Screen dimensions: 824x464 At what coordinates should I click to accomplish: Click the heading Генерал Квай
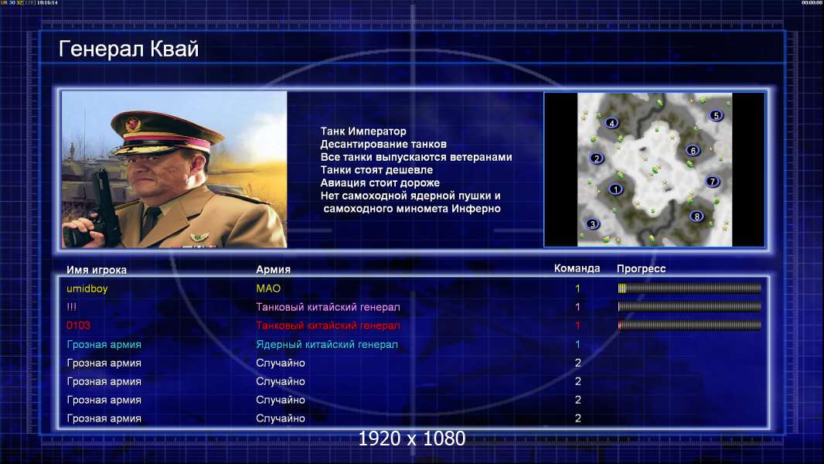(129, 49)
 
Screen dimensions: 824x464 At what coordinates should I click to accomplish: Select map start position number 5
(716, 115)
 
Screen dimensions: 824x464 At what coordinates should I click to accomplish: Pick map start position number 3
(593, 224)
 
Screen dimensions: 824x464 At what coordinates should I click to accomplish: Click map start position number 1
(615, 189)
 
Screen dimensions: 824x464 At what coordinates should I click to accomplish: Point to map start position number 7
(712, 182)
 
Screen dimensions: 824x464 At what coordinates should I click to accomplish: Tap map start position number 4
(611, 124)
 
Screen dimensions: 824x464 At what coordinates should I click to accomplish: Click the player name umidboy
(87, 288)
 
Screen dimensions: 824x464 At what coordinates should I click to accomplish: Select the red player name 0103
(78, 326)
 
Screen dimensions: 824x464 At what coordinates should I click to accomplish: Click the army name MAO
(268, 288)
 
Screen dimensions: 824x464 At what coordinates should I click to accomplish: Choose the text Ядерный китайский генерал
(327, 345)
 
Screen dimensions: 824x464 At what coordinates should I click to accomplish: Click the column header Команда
(577, 268)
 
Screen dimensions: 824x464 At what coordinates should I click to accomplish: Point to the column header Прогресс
(641, 269)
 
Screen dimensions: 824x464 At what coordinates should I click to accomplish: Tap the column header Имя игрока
(97, 270)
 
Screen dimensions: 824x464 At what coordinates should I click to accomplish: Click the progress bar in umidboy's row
(690, 288)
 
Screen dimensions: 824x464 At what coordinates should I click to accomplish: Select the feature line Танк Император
(363, 131)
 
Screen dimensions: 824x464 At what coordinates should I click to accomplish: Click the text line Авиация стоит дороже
(380, 183)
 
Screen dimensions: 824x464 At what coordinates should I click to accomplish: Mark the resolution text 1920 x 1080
(412, 438)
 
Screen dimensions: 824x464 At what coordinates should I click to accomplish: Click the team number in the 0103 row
(577, 326)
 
